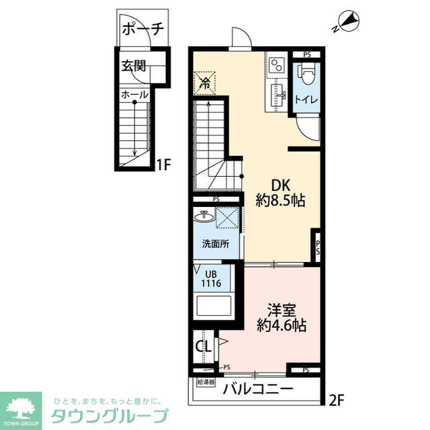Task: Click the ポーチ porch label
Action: click(143, 29)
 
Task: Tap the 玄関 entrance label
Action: click(134, 66)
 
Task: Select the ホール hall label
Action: click(134, 95)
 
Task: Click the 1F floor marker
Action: click(163, 165)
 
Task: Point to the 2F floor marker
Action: click(336, 401)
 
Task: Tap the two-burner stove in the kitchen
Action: click(276, 66)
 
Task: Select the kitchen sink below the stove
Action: click(278, 95)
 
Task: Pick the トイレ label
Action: click(306, 99)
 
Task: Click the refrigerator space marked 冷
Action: click(205, 83)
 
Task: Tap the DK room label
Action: click(281, 185)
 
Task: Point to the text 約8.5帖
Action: click(281, 200)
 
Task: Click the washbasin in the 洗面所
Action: click(204, 216)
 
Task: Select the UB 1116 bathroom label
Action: click(211, 279)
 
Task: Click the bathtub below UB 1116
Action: click(212, 306)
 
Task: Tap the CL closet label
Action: click(203, 347)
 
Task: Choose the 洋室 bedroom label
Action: click(282, 310)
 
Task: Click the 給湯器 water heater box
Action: click(206, 382)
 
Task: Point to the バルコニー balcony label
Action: click(258, 389)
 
